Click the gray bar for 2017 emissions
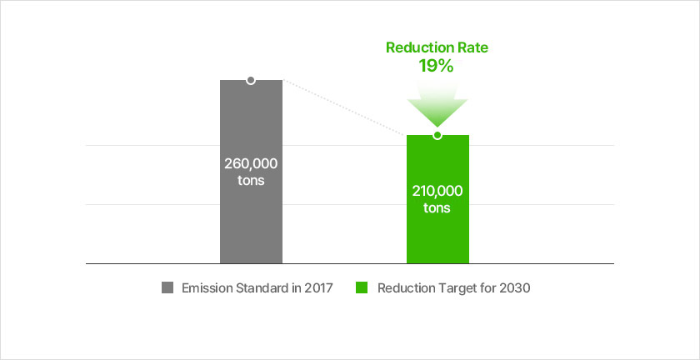[x=251, y=172]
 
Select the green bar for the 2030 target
[x=437, y=199]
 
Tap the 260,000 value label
[x=251, y=164]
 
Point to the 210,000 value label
[x=437, y=191]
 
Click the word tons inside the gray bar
[x=251, y=181]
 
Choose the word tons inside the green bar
[x=437, y=208]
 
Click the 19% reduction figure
[x=436, y=66]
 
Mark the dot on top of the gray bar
[x=251, y=80]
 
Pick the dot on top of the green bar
[x=437, y=135]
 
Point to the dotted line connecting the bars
[x=345, y=107]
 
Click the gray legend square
[x=167, y=288]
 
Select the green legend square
[x=362, y=288]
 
